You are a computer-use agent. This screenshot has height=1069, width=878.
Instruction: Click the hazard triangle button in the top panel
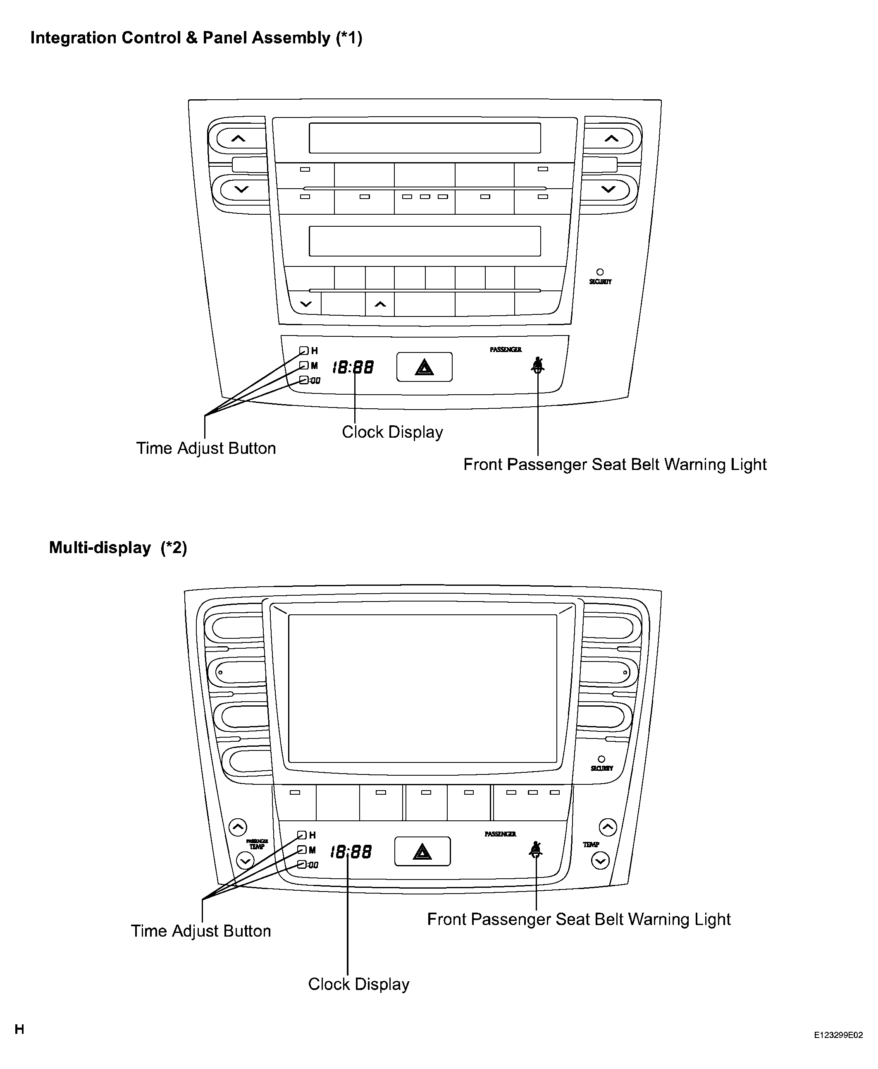pos(425,367)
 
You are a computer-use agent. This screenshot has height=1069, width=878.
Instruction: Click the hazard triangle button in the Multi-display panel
pos(422,851)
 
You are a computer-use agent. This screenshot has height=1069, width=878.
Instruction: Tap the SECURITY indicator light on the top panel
pos(600,272)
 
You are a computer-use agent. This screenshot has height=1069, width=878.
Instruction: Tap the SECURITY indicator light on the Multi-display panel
pos(601,759)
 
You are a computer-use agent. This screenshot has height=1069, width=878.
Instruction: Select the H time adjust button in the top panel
pos(303,350)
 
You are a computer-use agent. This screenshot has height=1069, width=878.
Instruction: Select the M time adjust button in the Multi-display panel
pos(302,849)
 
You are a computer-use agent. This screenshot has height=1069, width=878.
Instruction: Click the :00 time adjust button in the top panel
pos(303,380)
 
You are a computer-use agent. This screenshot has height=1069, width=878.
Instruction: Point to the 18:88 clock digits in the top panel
pos(353,367)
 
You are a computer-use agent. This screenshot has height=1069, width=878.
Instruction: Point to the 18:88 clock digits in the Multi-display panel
pos(351,852)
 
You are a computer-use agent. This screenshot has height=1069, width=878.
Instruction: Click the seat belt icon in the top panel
pos(538,365)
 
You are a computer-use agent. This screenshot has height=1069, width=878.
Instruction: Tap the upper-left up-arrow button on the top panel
pos(238,138)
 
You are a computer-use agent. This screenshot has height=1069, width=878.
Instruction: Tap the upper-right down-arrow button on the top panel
pos(608,189)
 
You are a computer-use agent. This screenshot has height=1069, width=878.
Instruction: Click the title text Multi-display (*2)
pos(118,548)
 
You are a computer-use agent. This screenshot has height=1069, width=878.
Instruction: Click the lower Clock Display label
pos(358,984)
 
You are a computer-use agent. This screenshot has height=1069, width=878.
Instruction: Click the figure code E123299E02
pos(838,1035)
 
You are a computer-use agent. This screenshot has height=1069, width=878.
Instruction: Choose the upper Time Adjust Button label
pos(206,448)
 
